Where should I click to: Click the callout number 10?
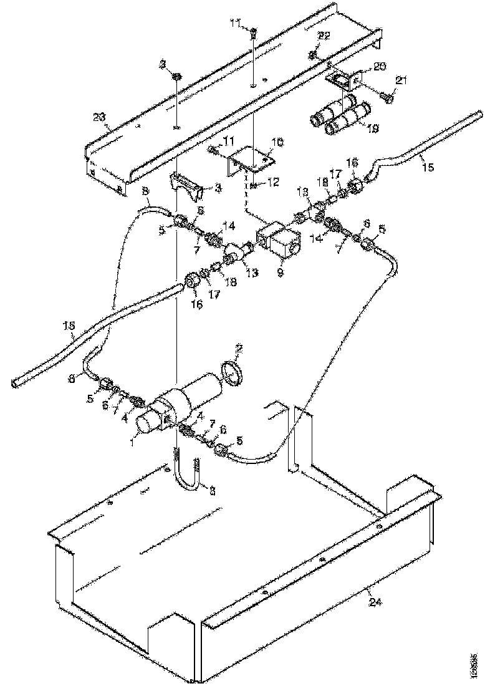277,142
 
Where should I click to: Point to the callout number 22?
324,36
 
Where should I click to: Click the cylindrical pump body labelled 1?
187,399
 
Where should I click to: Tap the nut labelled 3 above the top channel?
176,77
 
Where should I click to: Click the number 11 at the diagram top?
235,23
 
